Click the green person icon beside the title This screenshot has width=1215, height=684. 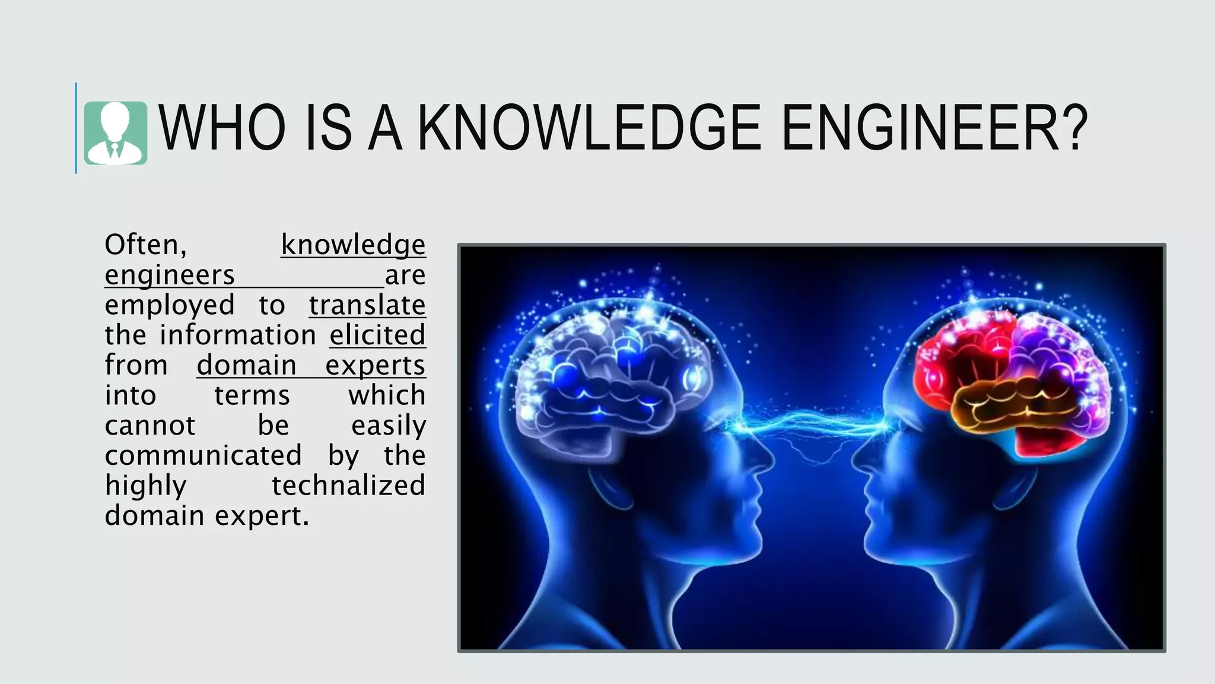pos(116,133)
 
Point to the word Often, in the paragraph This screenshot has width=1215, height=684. pos(146,245)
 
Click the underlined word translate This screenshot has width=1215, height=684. pos(367,305)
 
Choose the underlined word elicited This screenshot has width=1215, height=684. pos(377,335)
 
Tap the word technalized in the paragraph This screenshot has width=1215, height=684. pos(349,486)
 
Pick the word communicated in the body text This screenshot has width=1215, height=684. pos(203,455)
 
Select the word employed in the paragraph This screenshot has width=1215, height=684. pos(170,305)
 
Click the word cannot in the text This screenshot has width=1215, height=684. pos(150,425)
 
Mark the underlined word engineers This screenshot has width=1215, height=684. pos(170,275)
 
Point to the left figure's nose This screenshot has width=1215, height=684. pos(765,457)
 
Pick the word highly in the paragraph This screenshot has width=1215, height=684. pos(146,486)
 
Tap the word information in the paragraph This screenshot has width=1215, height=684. pos(238,335)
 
